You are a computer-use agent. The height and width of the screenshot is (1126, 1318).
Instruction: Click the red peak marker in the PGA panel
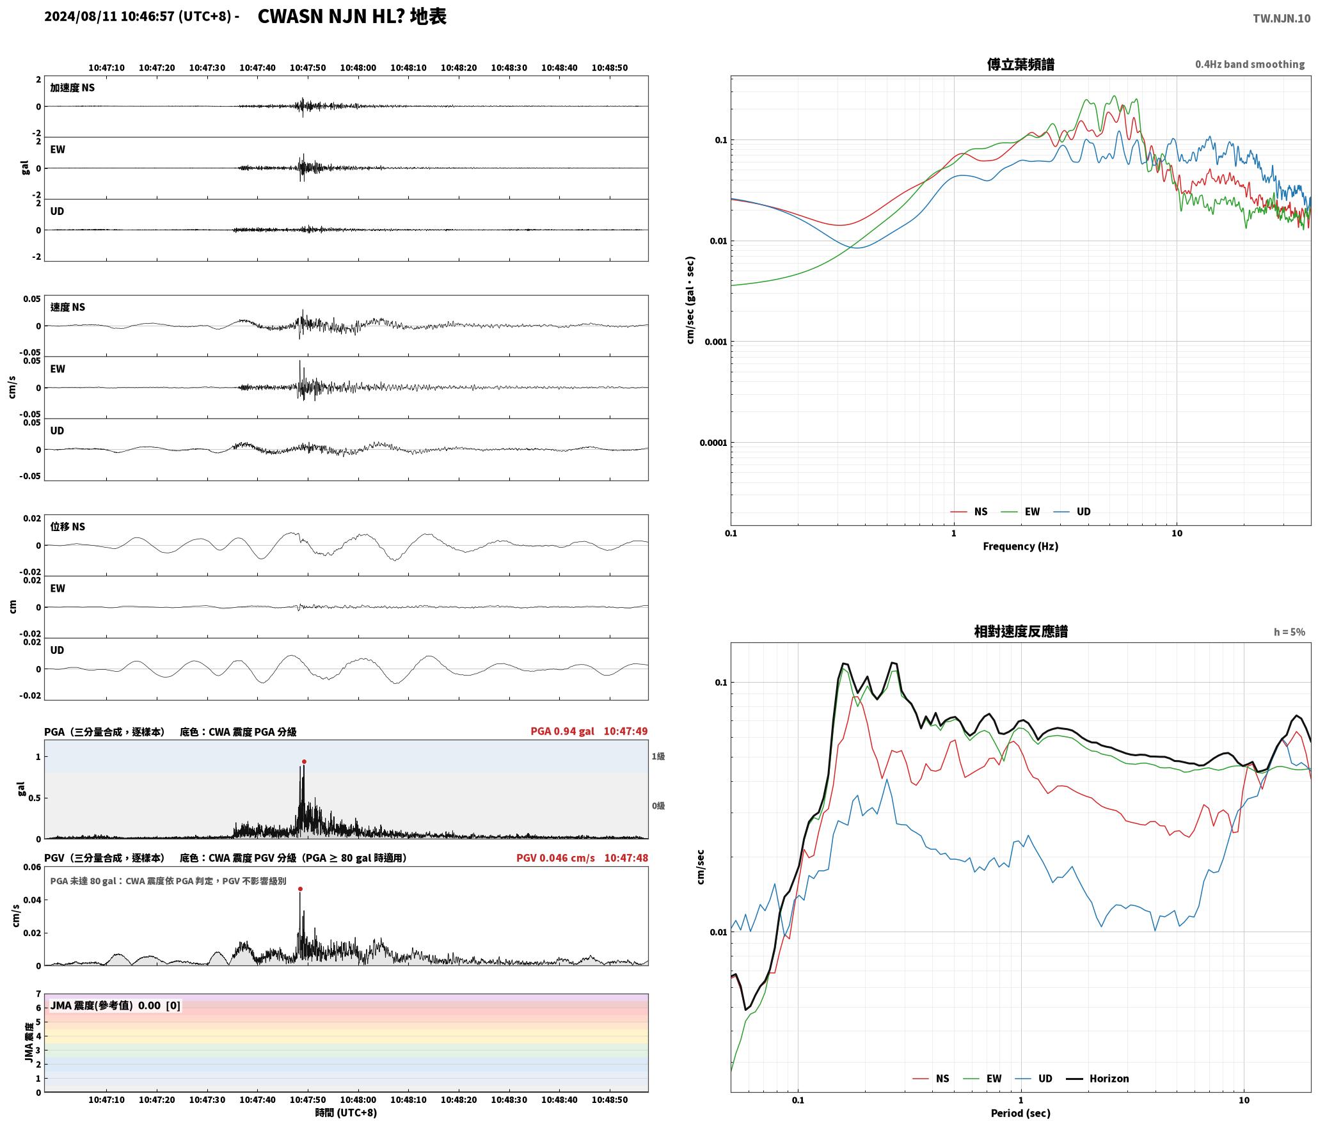coord(304,761)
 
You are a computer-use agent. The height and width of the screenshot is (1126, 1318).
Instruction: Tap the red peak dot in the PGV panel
coord(300,889)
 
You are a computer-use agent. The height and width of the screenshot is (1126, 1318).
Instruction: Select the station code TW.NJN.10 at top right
coord(1281,19)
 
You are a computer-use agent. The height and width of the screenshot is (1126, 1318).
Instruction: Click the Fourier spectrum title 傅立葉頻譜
coord(1020,65)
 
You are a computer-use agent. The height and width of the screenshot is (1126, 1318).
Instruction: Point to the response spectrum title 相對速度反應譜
coord(1020,631)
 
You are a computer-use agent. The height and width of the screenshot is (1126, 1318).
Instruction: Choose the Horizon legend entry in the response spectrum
coord(1097,1078)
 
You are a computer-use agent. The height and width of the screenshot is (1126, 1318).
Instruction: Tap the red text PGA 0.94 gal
coord(562,731)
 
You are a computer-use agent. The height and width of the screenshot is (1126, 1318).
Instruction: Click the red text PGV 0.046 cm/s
coord(555,858)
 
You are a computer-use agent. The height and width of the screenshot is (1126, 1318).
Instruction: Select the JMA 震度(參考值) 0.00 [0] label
coord(115,1005)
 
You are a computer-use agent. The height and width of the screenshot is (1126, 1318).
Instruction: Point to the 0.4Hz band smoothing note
coord(1250,64)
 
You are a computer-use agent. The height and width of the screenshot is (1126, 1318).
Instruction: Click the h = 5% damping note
coord(1289,632)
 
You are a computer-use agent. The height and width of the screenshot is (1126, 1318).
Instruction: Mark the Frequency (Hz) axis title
coord(1020,546)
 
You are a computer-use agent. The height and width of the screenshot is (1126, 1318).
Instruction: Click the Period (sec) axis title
coord(1020,1113)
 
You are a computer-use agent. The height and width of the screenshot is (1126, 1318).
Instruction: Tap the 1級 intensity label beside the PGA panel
coord(658,756)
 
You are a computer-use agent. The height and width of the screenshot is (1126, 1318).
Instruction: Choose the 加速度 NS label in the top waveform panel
coord(72,88)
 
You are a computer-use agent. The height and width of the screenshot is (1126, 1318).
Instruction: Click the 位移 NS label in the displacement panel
coord(67,527)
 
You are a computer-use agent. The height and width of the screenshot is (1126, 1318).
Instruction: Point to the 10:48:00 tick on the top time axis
coord(358,68)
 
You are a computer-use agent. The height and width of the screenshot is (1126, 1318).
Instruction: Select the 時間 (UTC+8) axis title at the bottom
coord(345,1113)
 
